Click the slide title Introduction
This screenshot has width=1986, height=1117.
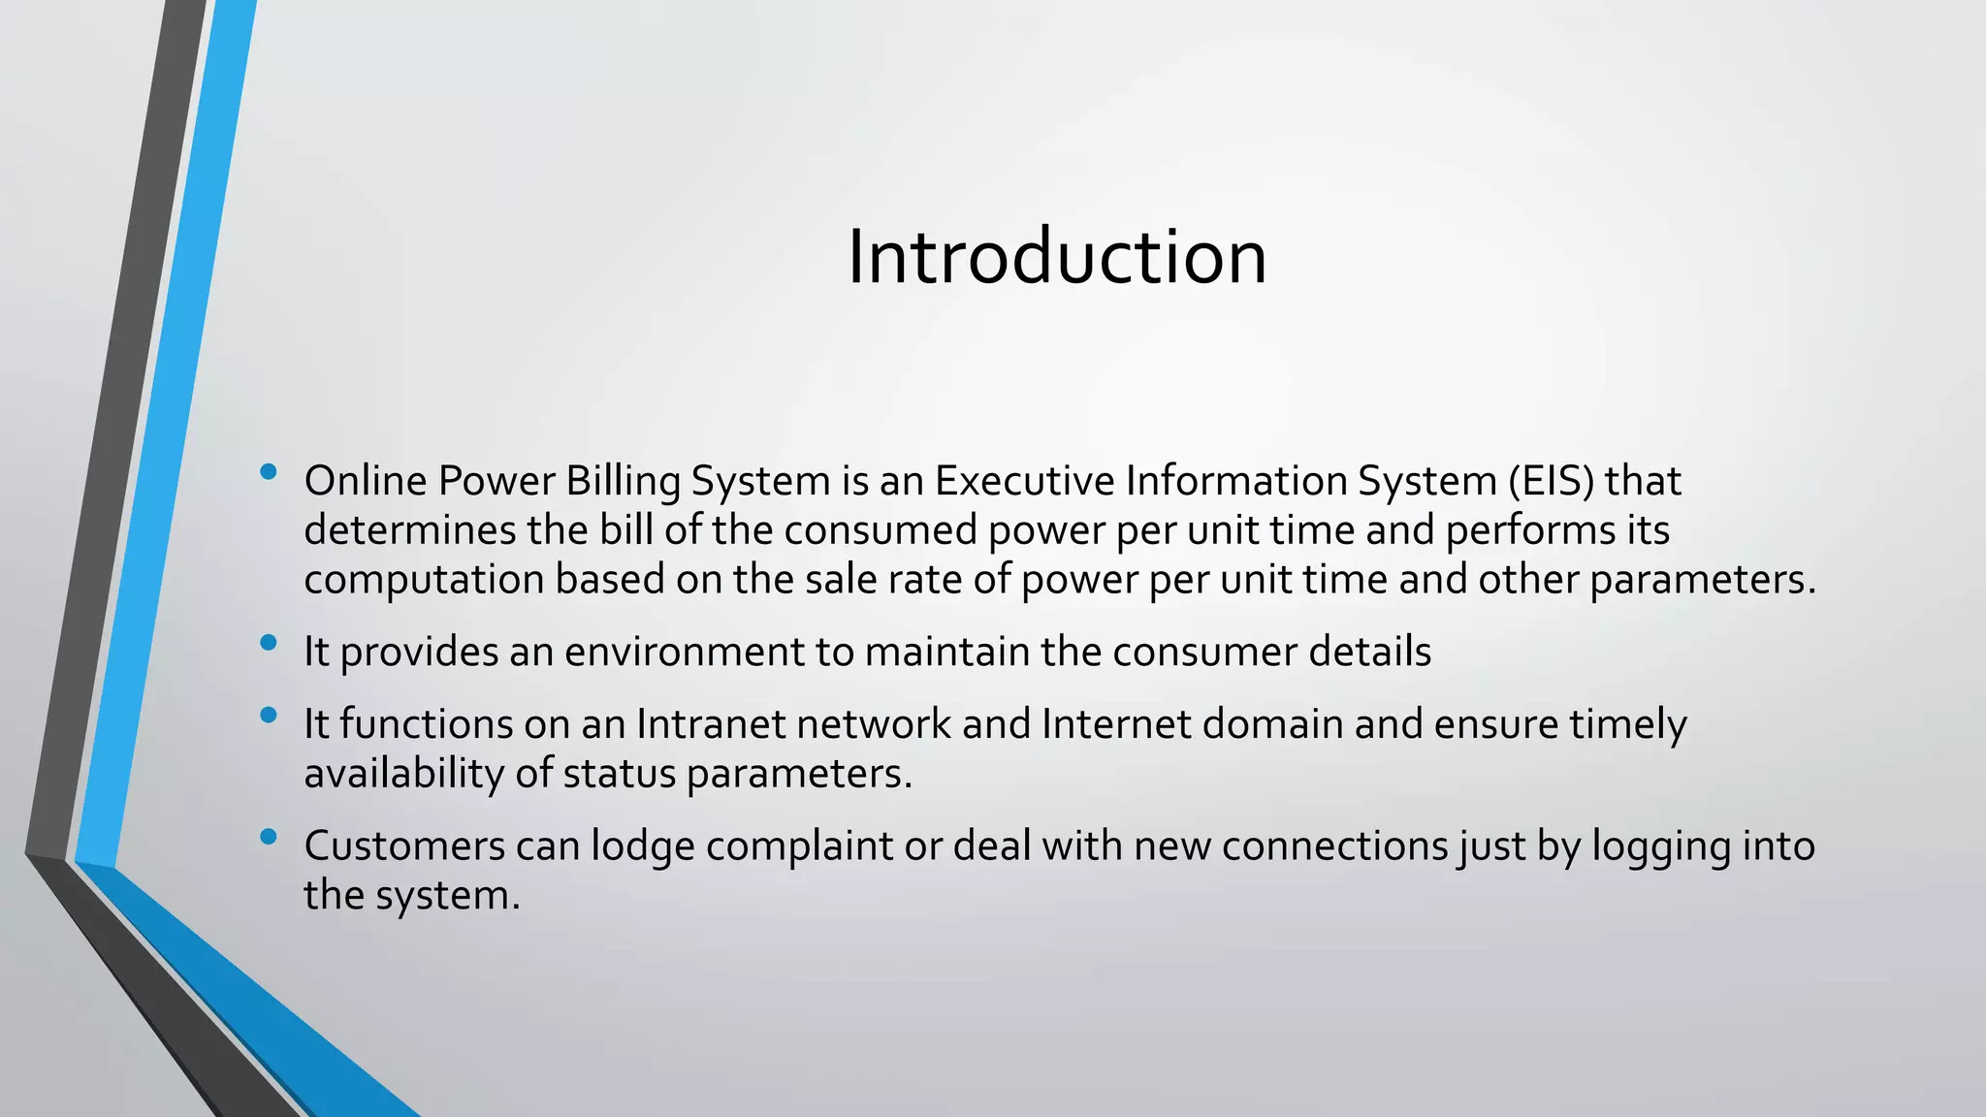[1057, 257]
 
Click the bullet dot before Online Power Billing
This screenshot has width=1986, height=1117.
[269, 472]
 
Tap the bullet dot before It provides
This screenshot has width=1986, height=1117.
[269, 642]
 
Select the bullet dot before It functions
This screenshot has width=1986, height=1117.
[269, 716]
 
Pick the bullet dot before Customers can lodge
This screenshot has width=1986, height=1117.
[269, 836]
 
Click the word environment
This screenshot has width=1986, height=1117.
[685, 652]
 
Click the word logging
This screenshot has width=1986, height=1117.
[1661, 846]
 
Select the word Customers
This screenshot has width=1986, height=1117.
[404, 846]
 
